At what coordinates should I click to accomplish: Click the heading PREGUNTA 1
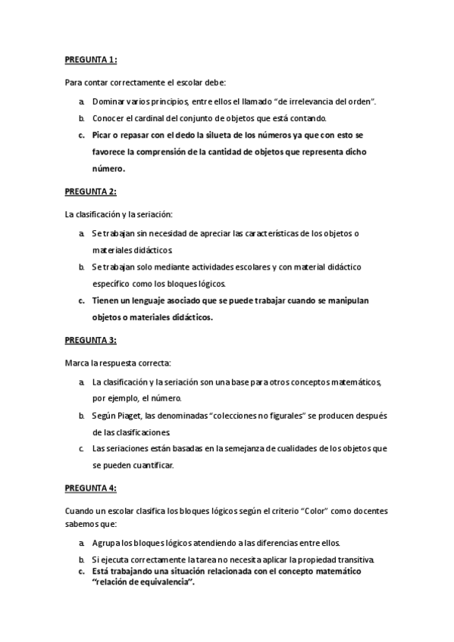click(91, 60)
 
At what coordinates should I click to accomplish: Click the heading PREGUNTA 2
click(91, 192)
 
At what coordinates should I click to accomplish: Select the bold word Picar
click(102, 136)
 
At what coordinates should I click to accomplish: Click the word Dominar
click(109, 101)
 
